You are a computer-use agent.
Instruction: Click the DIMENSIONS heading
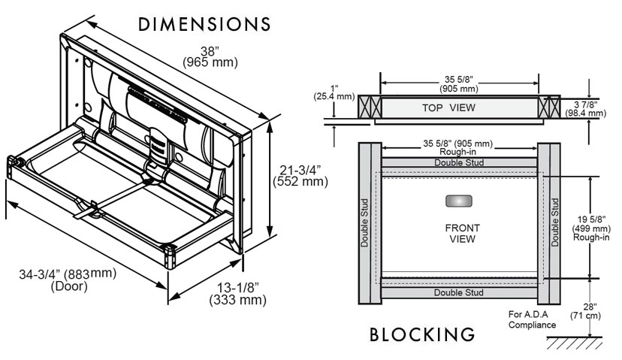click(x=204, y=24)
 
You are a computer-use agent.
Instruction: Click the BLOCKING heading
click(x=422, y=334)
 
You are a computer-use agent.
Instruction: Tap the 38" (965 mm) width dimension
click(x=210, y=57)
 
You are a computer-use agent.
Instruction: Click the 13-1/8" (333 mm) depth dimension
click(x=237, y=294)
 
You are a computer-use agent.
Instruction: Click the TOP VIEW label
click(x=448, y=107)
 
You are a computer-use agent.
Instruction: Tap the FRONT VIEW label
click(x=462, y=233)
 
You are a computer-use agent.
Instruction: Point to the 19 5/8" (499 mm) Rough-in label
click(x=591, y=228)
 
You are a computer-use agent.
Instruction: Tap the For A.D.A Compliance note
click(x=532, y=320)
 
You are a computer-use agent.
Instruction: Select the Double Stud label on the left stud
click(x=364, y=222)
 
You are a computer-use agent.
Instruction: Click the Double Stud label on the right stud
click(x=555, y=222)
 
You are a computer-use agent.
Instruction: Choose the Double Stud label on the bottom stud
click(x=458, y=292)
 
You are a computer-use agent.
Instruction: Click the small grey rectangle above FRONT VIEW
click(x=458, y=202)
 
